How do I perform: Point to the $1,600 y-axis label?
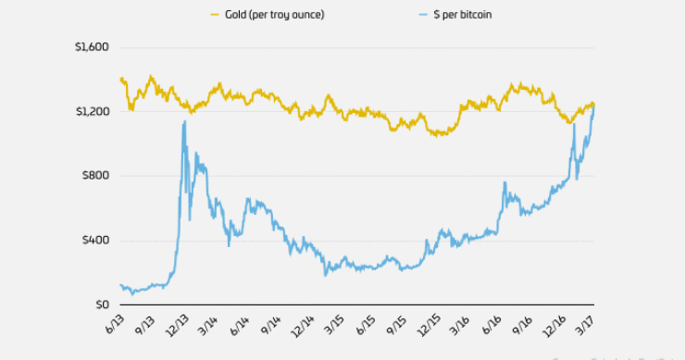92,47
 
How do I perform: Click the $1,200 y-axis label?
92,111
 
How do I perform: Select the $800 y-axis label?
95,176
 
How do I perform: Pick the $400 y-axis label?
95,240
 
